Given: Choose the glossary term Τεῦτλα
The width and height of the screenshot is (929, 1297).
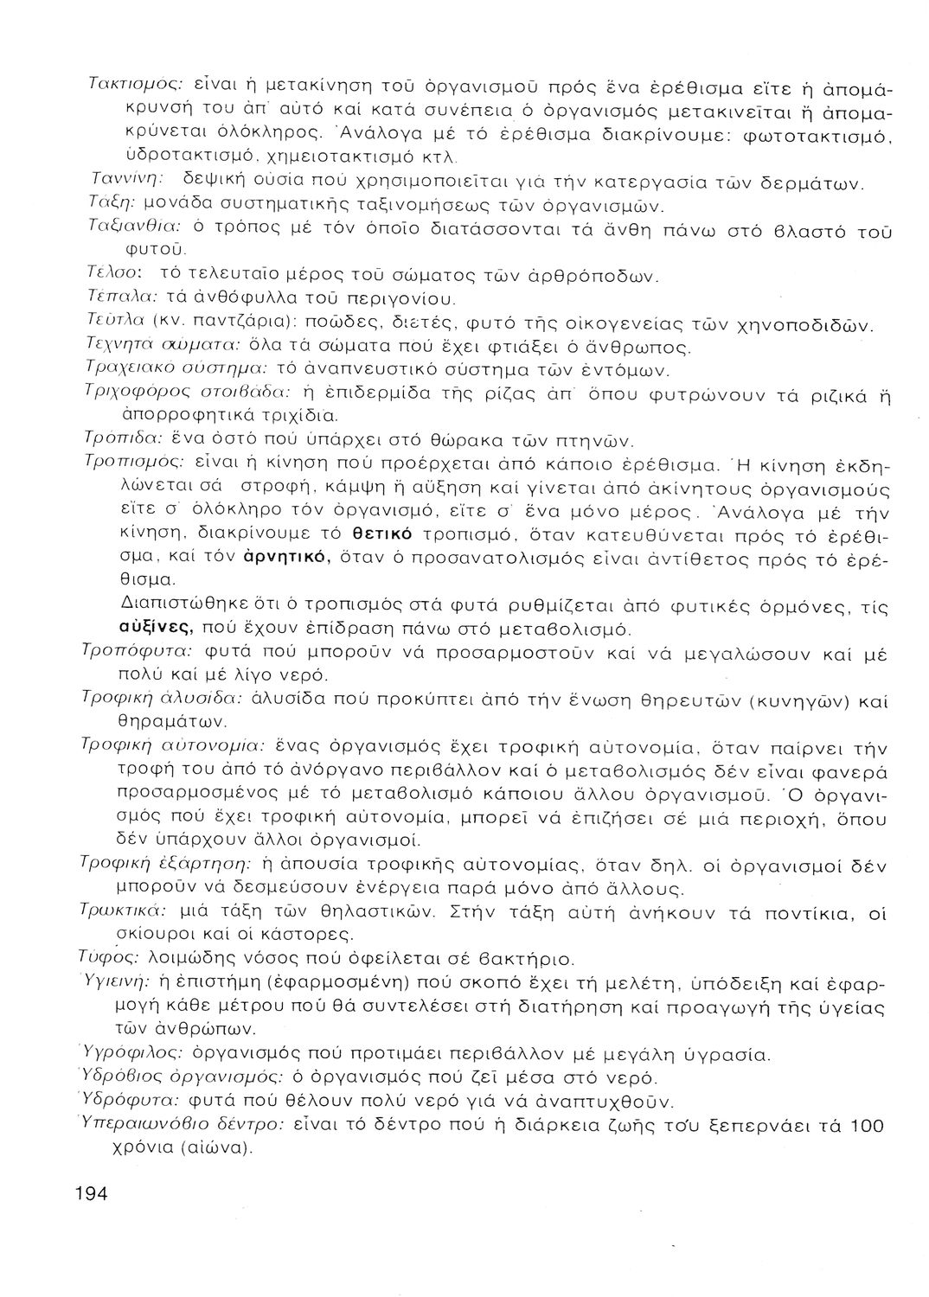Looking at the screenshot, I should (115, 323).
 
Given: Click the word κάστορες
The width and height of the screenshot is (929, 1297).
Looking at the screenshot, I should (303, 935).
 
